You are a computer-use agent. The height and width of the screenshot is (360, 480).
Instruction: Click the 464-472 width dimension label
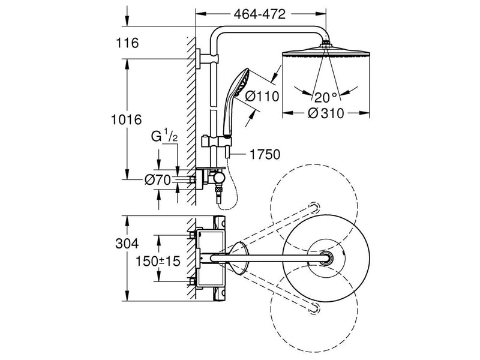point(259,14)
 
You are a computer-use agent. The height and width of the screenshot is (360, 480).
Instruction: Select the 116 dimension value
point(127,43)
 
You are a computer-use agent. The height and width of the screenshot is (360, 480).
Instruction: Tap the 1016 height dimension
point(126,119)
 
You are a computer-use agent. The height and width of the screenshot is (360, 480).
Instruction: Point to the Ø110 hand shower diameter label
point(262,97)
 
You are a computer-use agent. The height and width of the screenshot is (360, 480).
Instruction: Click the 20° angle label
point(326,98)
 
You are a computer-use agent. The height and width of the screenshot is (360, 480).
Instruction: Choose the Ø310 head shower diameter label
point(326,113)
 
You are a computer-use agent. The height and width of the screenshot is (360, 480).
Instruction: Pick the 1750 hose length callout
point(265,155)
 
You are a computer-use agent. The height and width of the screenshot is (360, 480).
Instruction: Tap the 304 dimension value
point(127,244)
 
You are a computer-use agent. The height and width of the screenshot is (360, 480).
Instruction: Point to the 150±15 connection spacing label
point(158,261)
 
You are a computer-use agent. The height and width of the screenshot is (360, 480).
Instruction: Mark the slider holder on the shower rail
point(216,142)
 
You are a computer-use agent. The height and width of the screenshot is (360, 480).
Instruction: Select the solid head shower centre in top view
point(326,257)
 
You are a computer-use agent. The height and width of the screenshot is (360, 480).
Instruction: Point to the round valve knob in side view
point(218,178)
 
